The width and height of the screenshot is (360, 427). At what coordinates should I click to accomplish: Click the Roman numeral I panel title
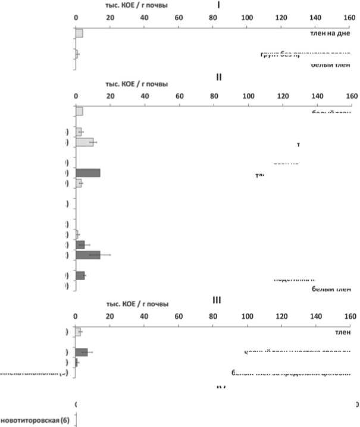(218, 5)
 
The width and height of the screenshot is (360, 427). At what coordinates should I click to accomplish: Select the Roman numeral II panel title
(218, 77)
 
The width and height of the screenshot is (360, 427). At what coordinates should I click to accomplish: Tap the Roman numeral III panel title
(217, 300)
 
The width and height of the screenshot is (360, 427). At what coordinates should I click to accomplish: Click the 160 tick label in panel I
(350, 18)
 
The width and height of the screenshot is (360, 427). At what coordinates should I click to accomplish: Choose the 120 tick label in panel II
(283, 96)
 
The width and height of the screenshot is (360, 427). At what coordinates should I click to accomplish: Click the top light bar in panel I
(79, 33)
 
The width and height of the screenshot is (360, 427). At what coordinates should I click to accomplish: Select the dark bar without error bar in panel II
(87, 173)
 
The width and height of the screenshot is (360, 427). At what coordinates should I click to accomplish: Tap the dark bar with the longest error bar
(87, 255)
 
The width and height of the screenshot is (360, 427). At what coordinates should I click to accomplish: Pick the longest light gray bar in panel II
(84, 142)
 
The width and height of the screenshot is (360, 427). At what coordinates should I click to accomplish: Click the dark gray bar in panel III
(82, 352)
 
